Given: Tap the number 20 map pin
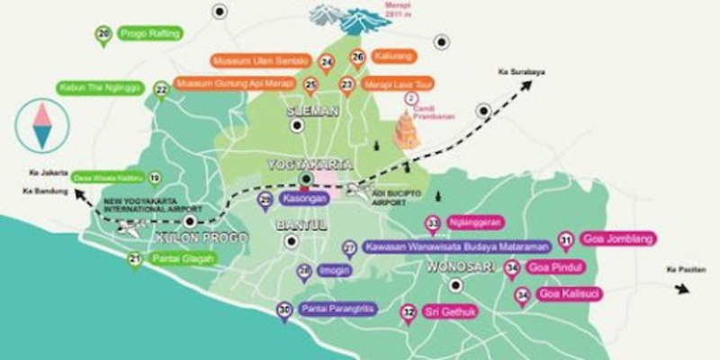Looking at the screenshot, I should (x=104, y=35).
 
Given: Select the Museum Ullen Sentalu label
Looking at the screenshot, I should (x=261, y=60).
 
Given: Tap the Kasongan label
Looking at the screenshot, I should (x=304, y=198).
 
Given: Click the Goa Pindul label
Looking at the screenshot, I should (x=554, y=267).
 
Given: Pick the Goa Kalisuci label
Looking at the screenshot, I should (x=570, y=293).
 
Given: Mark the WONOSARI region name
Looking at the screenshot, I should (x=456, y=266).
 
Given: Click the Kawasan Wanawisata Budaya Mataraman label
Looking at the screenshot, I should (x=456, y=245).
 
